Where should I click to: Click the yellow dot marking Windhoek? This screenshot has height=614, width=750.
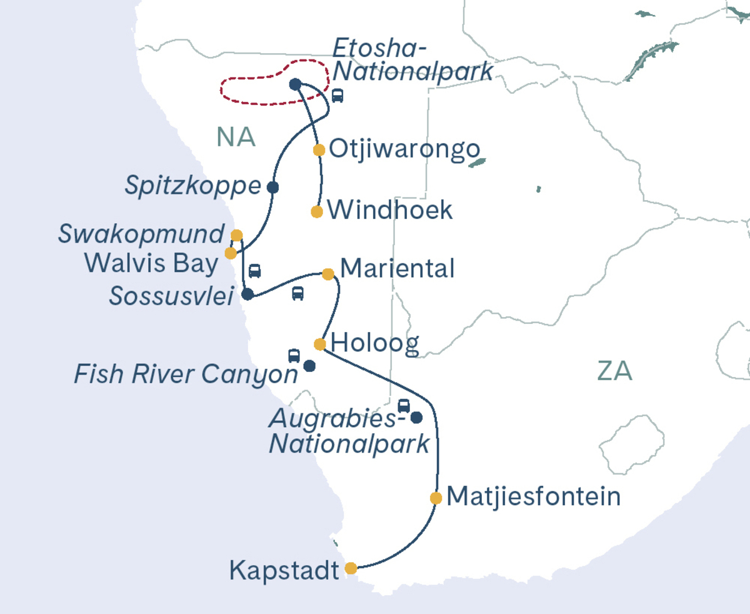(317, 211)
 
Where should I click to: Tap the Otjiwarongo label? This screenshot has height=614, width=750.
(404, 149)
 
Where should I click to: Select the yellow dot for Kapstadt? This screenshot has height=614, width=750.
(351, 568)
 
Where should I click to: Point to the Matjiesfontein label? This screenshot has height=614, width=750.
(534, 497)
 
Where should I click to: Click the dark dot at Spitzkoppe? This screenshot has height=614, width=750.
(272, 187)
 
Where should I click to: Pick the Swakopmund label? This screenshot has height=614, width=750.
(141, 234)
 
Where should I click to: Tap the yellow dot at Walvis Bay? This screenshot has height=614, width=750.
(231, 253)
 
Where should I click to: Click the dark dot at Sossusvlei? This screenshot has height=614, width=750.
(247, 294)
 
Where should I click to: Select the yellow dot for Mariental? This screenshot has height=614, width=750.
(327, 274)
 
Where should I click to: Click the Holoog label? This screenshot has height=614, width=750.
(374, 343)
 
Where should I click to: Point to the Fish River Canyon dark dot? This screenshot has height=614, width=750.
(309, 366)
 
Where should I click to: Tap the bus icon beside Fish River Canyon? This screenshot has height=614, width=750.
(294, 356)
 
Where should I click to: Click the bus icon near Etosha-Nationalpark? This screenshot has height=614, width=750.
(337, 96)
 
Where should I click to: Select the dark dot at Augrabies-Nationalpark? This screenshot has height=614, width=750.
(416, 417)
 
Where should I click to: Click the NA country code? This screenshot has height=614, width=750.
(236, 137)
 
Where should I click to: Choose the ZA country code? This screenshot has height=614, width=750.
(614, 371)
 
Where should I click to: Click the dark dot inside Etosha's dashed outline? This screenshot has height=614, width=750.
(296, 84)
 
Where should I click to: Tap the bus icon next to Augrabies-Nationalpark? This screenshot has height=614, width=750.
(404, 405)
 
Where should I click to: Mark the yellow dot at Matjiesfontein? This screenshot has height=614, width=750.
(436, 498)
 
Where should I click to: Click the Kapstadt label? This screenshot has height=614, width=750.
(284, 570)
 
